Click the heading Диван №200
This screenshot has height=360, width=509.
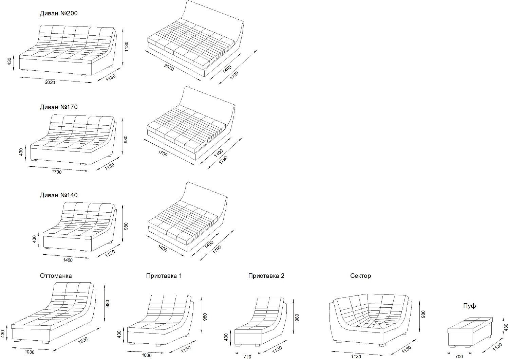coord(59,14)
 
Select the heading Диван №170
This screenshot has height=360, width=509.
coord(59,107)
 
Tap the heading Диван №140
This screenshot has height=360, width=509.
coord(59,195)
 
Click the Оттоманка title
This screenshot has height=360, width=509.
coord(56,276)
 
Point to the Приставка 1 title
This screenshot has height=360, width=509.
coord(164,276)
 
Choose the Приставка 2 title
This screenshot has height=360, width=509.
coord(266,276)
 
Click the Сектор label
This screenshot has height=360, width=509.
coord(360,276)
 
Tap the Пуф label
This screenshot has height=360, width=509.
coord(469,306)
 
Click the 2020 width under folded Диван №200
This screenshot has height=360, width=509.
coord(50,82)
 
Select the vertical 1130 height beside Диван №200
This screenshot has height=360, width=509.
coord(126,47)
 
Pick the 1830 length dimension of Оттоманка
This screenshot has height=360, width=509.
coord(83,340)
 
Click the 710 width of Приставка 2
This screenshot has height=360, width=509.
coord(247,357)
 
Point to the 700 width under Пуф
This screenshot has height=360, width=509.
coord(459,357)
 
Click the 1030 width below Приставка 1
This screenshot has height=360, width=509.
coord(147,355)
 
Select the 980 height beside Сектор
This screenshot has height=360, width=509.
coord(423,314)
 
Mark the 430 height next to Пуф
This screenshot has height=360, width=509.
coord(506,327)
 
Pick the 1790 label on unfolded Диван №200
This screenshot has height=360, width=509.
coord(234,75)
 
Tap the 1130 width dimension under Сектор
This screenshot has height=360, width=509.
coord(356,357)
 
